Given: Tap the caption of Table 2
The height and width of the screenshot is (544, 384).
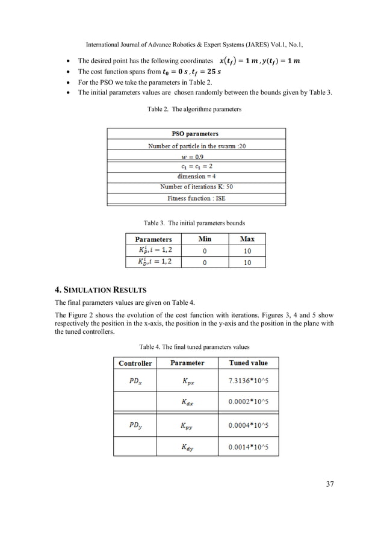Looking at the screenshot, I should [194, 110].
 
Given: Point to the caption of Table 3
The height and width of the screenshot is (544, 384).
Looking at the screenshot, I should [194, 223].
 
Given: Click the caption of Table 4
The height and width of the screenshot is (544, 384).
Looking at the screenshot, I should [194, 347].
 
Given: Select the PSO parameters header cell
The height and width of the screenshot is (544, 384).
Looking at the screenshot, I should [197, 134].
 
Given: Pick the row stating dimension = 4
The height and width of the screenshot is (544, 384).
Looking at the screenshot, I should [197, 177].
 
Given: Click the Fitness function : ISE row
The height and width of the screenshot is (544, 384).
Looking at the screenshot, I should [197, 198].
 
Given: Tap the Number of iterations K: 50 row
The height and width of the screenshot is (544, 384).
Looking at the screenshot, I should [197, 187].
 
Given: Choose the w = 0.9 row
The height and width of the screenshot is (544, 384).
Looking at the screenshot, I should [197, 156].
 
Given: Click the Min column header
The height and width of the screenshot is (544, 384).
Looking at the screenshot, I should [205, 239].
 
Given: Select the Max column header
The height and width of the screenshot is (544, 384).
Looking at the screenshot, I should [247, 239].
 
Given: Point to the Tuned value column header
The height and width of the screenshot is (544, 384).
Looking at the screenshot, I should [249, 363].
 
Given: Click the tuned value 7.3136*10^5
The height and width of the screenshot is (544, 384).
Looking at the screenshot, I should [249, 381].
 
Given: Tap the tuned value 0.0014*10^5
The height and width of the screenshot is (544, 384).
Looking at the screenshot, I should [249, 446].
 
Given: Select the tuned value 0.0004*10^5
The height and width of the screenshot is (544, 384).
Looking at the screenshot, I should [249, 425].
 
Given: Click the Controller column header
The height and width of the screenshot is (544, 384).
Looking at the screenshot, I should [135, 363].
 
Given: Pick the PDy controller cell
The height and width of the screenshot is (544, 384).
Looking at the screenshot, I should [135, 425].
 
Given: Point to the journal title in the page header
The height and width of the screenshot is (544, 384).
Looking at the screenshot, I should [194, 45].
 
